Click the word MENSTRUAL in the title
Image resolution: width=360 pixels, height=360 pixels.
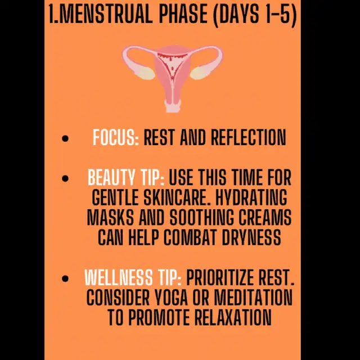[106, 14]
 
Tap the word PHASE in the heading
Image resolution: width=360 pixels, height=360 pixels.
[183, 14]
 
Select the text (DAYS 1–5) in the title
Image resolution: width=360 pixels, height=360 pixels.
[255, 15]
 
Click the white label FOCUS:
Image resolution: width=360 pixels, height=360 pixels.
[116, 137]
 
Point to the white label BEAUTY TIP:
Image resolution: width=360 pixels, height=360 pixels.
[126, 177]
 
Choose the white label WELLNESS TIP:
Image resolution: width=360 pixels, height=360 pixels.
[133, 277]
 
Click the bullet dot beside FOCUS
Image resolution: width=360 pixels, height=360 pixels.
[65, 138]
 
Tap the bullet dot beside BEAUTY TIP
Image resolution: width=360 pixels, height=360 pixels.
[65, 178]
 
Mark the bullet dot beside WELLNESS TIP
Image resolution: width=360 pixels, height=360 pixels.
[65, 278]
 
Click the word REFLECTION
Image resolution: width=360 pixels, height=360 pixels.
[249, 137]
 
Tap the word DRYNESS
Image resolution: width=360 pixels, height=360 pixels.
[251, 237]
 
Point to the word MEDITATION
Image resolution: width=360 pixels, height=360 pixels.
[254, 297]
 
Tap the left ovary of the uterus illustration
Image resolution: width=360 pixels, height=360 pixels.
[146, 73]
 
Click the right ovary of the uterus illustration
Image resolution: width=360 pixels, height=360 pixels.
[199, 73]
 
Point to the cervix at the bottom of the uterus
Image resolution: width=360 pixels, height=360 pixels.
[173, 106]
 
